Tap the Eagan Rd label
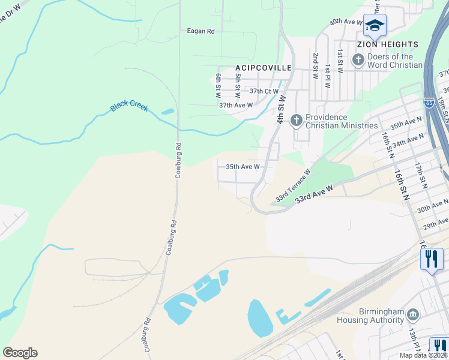[x=200, y=31]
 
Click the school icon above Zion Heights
[x=375, y=25]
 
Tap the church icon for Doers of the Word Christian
[x=358, y=59]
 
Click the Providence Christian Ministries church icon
[x=296, y=121]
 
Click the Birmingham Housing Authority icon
[x=412, y=314]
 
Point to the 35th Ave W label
[x=243, y=167]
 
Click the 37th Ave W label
[x=236, y=105]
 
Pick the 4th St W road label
[x=280, y=108]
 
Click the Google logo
[x=20, y=352]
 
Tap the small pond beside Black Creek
[x=167, y=112]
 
